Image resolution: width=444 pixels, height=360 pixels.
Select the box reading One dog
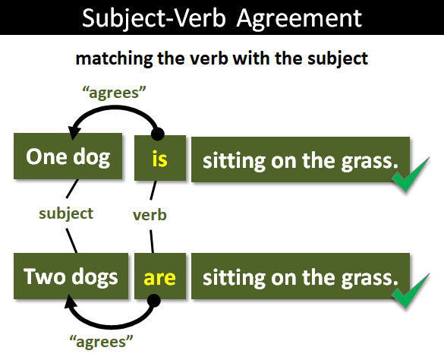[x=68, y=157]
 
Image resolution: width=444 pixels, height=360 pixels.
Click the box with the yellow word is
[x=159, y=159]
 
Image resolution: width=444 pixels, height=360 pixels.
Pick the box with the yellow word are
[x=159, y=276]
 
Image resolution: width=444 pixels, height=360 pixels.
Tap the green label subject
[x=66, y=213]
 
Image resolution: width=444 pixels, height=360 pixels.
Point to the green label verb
[x=150, y=215]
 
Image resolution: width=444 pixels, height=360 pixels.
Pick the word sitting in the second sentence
[x=228, y=277]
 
